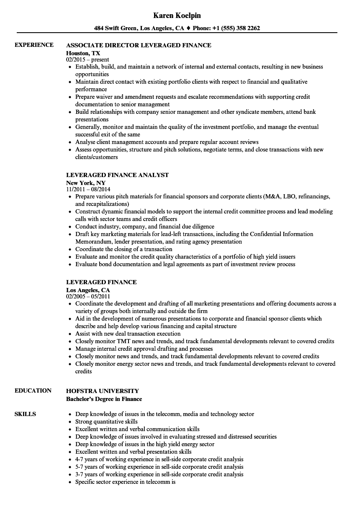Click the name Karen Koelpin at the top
[x=177, y=15]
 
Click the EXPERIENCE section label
[x=34, y=45]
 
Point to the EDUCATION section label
[x=33, y=391]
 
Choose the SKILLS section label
[x=25, y=414]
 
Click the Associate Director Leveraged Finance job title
[x=139, y=45]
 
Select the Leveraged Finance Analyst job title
[x=117, y=175]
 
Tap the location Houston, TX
[x=83, y=53]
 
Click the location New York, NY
[x=85, y=182]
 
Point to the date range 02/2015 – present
[x=87, y=60]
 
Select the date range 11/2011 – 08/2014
[x=88, y=190]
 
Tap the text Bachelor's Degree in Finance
[x=104, y=399]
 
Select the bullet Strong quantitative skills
[x=106, y=422]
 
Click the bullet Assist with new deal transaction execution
[x=128, y=334]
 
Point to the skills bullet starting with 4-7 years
[x=159, y=460]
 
